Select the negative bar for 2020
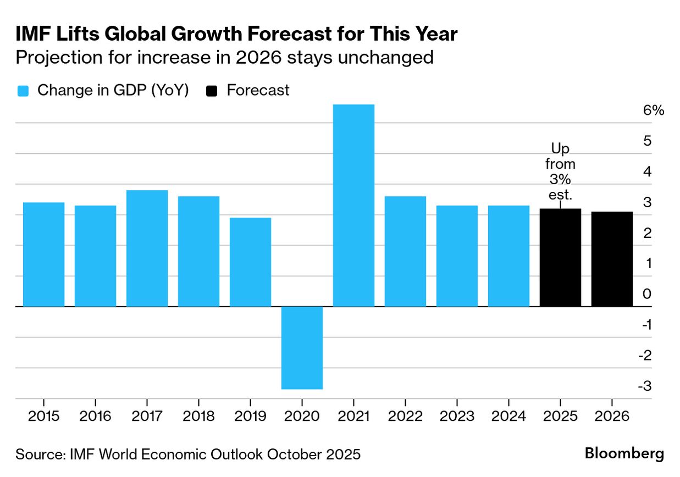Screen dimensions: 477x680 click(302, 347)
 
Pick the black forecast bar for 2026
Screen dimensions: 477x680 click(612, 259)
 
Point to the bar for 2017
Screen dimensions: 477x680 click(147, 248)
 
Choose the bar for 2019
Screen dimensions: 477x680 click(250, 262)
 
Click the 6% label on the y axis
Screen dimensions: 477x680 click(654, 110)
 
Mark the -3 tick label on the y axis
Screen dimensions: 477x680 click(645, 386)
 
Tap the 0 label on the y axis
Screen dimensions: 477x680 click(647, 294)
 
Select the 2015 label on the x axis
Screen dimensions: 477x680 click(43, 416)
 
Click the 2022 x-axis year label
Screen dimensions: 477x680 click(405, 416)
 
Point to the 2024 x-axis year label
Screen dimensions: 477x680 click(508, 416)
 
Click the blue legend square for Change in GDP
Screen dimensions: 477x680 click(23, 91)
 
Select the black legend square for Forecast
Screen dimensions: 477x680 click(212, 91)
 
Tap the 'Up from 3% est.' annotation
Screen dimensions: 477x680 click(560, 171)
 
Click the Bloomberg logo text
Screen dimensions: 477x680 click(624, 454)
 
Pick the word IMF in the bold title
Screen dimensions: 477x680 click(34, 34)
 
